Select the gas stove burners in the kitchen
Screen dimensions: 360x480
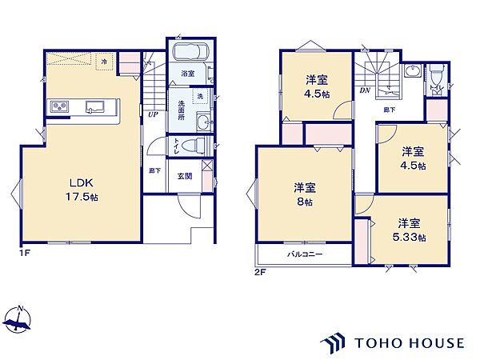(60, 106)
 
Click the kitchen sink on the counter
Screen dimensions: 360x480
(93, 106)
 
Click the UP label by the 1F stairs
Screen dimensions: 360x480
(152, 114)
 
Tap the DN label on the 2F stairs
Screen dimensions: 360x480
(365, 90)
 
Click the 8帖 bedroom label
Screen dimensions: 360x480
(304, 194)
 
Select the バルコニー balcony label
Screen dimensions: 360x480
(305, 254)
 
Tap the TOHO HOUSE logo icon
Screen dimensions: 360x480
(334, 342)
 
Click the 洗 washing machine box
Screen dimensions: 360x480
(200, 97)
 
